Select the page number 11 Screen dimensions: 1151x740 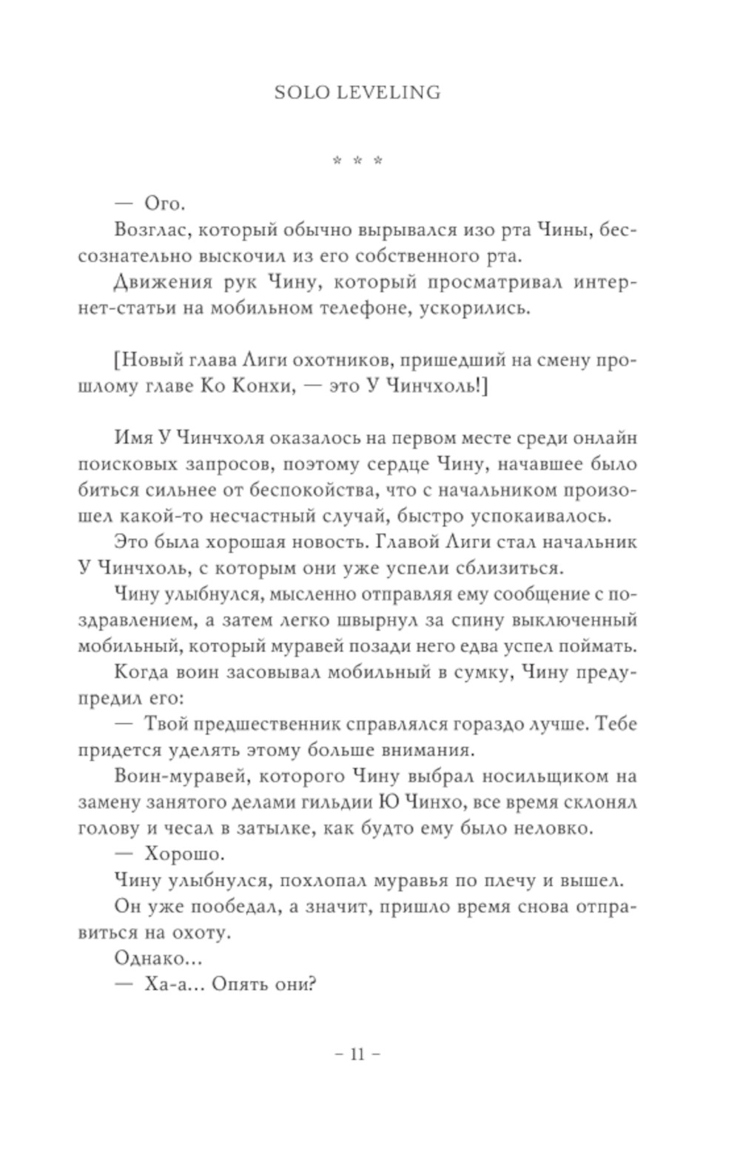[x=357, y=1055]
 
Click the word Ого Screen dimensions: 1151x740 [x=163, y=205]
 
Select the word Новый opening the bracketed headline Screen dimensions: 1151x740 [x=149, y=360]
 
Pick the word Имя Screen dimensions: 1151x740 [x=133, y=437]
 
